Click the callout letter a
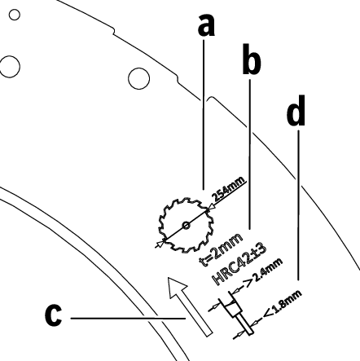206,25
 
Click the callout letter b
252,59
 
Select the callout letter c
53,315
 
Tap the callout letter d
296,111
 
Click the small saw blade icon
187,225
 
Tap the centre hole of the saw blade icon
186,225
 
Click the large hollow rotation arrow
189,306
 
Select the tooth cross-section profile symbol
236,312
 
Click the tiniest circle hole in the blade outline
15,15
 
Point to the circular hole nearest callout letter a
138,78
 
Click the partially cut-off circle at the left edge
10,67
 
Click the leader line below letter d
299,205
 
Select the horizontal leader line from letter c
128,318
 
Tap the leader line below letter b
250,154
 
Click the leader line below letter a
204,114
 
